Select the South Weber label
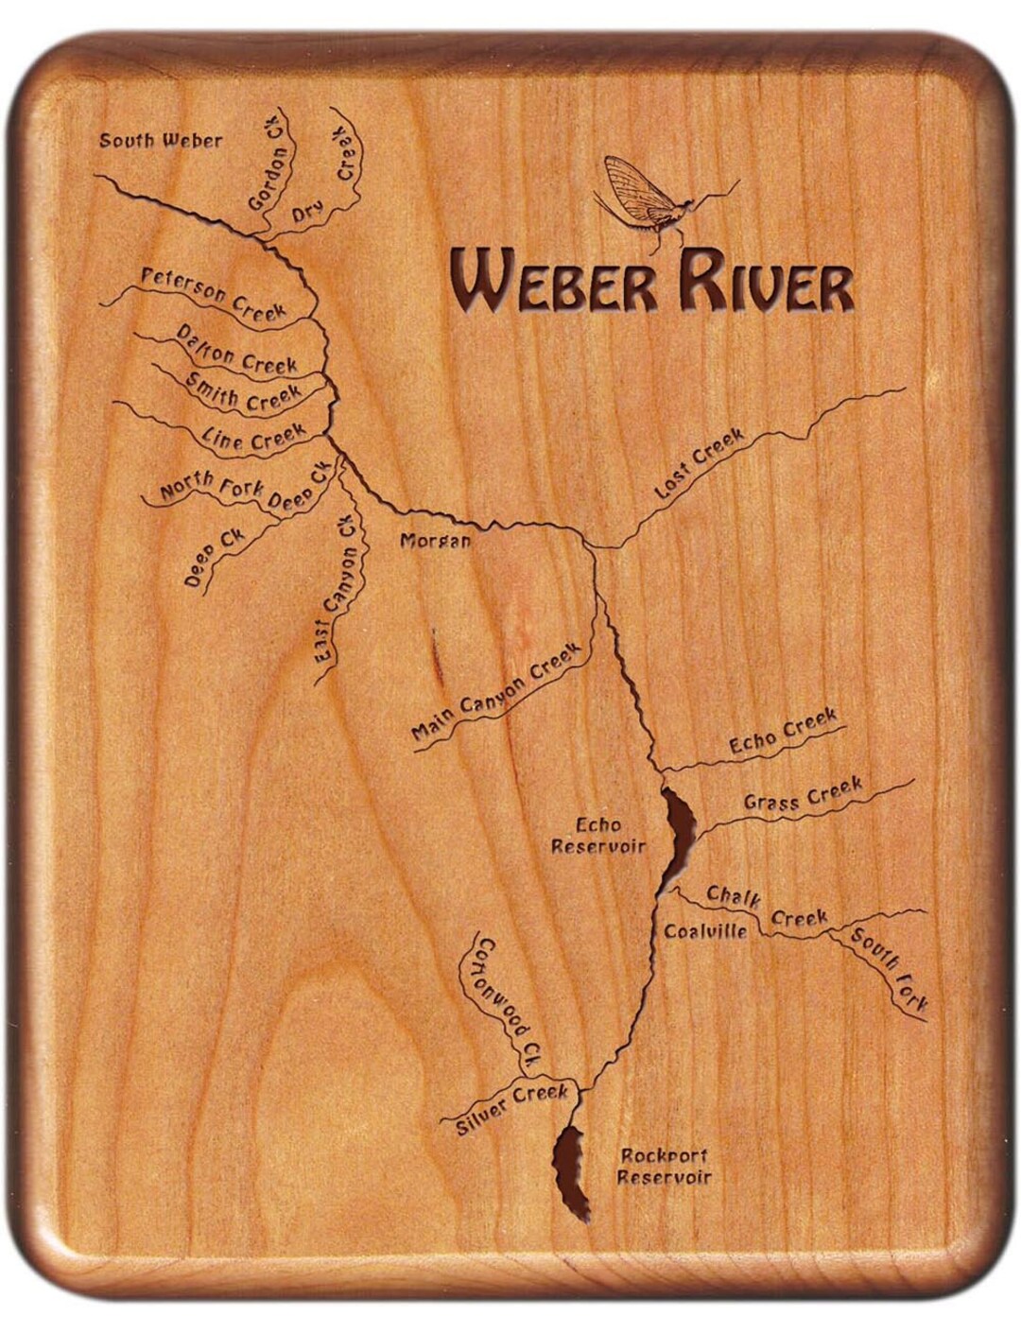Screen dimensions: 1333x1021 click(x=161, y=141)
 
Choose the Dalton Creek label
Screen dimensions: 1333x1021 click(x=237, y=351)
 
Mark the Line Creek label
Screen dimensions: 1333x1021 click(x=254, y=436)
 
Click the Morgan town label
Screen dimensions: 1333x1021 click(x=435, y=541)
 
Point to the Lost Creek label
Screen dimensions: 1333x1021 click(x=700, y=463)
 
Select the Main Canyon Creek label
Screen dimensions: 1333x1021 click(x=495, y=693)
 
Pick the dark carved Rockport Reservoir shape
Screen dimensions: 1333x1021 click(x=570, y=1171)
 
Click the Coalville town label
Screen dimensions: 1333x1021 click(x=705, y=931)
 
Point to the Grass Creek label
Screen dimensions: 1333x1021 click(x=803, y=795)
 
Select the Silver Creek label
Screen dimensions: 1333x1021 click(x=512, y=1109)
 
